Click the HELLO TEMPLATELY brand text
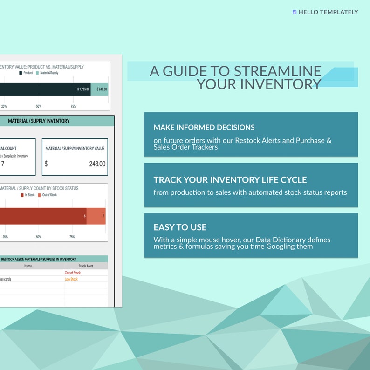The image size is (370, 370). [328, 12]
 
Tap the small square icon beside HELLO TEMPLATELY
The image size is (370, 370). [294, 12]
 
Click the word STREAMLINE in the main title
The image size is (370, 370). [277, 71]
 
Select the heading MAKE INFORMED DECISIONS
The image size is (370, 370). [204, 127]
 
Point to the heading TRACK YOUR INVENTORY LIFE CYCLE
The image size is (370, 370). [230, 180]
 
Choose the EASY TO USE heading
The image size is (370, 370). [180, 227]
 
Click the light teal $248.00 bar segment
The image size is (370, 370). [100, 89]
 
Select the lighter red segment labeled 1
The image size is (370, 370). [96, 216]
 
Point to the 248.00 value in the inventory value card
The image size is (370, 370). [97, 164]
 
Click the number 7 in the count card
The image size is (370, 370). [3, 164]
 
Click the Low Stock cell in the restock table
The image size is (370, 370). [71, 279]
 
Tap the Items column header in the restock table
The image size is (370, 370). [28, 266]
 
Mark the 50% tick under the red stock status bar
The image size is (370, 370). [39, 237]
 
